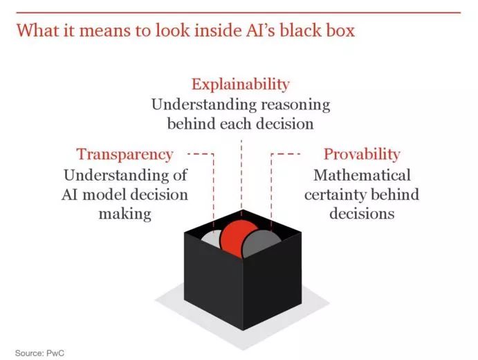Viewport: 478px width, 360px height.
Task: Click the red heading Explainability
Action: (240, 84)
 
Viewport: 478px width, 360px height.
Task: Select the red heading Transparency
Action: (125, 154)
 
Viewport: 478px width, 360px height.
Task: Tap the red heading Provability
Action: (362, 154)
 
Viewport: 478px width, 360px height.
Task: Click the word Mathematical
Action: (362, 174)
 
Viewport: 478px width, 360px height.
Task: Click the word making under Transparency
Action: (125, 213)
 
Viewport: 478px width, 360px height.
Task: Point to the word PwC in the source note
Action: (56, 352)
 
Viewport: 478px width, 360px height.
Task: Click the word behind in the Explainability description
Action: (192, 125)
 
